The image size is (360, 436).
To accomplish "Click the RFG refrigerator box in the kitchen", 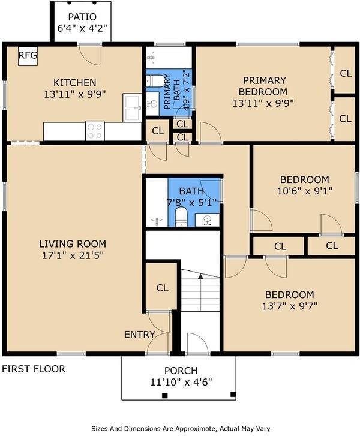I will (x=28, y=56).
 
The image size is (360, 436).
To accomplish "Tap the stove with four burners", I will (x=95, y=130).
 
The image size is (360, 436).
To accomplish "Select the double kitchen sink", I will (x=132, y=106).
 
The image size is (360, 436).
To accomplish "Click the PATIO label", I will (x=81, y=17).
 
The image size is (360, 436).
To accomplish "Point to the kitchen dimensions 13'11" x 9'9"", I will (x=74, y=93).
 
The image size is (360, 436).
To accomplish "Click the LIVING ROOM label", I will (x=73, y=244).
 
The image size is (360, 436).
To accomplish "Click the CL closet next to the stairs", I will (x=162, y=288).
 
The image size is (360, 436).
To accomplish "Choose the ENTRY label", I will (x=139, y=334).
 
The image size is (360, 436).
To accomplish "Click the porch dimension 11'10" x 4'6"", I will (x=181, y=381).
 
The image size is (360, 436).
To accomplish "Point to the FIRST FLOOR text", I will (x=34, y=369).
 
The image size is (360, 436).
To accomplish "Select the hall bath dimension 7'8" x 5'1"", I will (x=192, y=202).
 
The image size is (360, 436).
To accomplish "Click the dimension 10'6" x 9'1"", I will (x=304, y=191).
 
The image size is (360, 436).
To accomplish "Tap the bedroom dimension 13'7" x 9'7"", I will (x=290, y=305).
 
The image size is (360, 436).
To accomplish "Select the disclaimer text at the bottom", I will (x=180, y=428).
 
